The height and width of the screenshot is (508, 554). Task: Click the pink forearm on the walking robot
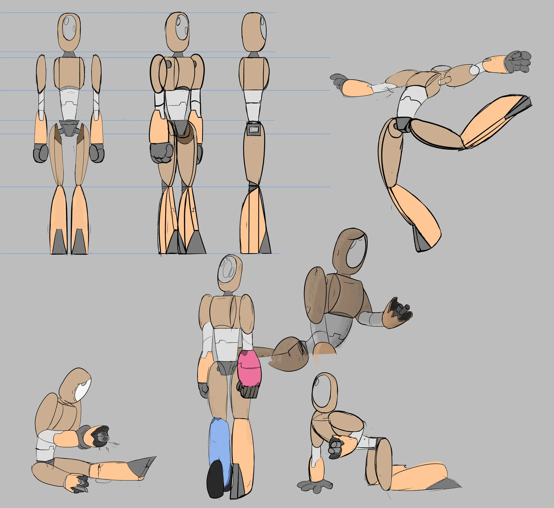pos(249,368)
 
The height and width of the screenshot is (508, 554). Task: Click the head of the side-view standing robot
pos(254,32)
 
